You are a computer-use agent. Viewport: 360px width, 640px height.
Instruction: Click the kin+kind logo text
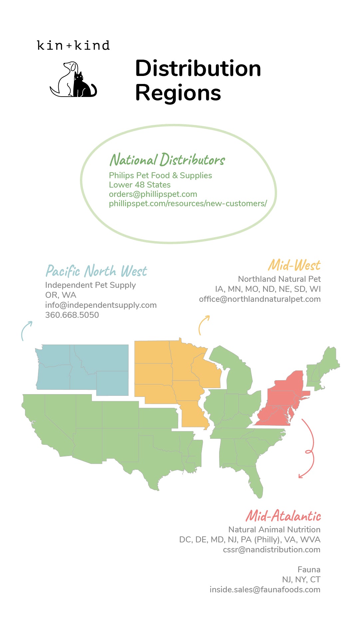click(73, 45)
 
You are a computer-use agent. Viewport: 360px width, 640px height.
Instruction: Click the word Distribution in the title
click(198, 69)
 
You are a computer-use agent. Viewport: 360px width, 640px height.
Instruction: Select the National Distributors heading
click(167, 160)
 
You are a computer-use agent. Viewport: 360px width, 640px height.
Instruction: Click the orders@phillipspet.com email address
click(153, 194)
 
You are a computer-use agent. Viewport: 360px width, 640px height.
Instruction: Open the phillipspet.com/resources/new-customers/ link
click(188, 204)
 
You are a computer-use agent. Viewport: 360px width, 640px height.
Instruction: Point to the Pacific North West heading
click(96, 271)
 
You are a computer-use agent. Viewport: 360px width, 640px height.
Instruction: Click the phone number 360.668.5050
click(72, 315)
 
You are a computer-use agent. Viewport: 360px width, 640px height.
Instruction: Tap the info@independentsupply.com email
click(101, 305)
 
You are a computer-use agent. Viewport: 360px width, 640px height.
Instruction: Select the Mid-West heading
click(294, 266)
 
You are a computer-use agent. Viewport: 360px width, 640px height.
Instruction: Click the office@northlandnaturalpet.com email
click(260, 299)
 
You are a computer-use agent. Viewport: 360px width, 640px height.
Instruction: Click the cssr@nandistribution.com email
click(271, 550)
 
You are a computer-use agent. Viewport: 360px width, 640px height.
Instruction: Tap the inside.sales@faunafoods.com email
click(265, 590)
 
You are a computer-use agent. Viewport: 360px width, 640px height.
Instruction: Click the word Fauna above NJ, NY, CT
click(309, 570)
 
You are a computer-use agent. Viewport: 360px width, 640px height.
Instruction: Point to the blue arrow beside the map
click(26, 330)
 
